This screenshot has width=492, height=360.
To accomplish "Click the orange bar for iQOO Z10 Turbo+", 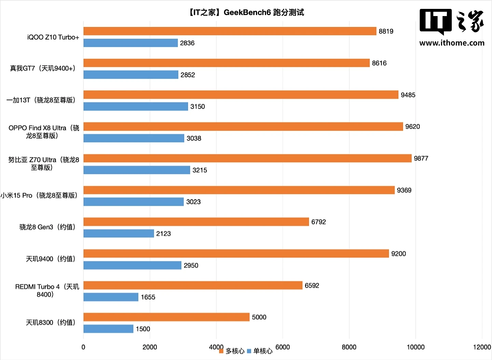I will pos(230,31).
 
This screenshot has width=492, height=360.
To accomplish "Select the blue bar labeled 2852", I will pos(131,75).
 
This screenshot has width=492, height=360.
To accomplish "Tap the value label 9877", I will pos(421,158).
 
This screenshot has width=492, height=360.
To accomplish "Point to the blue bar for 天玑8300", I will pos(108,329).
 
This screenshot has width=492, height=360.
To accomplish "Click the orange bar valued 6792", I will pos(196,222).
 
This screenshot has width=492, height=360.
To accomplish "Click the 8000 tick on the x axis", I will pos(349,347).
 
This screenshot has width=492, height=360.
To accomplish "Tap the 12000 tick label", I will pos(482,347).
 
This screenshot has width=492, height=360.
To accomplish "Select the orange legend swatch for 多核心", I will pos(221,351).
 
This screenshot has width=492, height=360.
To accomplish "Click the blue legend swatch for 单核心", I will pos(249,351).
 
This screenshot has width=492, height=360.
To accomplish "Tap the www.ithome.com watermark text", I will pos(452,43).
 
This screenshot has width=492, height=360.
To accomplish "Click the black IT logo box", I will pos(435,21).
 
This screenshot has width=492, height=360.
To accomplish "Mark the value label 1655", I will pos(148,297).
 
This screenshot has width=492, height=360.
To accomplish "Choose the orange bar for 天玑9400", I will pos(236,254).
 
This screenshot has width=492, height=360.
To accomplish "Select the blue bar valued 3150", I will pos(136,106).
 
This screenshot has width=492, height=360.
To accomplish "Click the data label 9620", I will pos(412,126).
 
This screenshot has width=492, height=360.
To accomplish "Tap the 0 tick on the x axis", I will pos(83,347).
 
